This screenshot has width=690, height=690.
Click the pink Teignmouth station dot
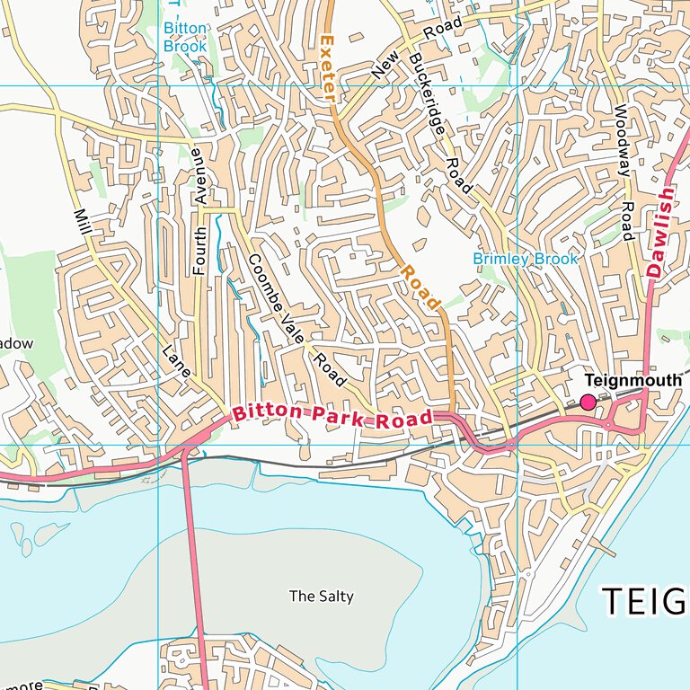pyautogui.click(x=588, y=402)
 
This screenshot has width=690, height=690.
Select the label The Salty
pyautogui.click(x=321, y=596)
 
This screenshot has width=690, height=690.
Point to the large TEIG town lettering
pyautogui.click(x=644, y=601)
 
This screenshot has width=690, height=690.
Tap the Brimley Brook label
pyautogui.click(x=526, y=259)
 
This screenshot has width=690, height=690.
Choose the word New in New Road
pyautogui.click(x=383, y=65)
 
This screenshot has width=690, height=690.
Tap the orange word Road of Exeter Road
pyautogui.click(x=420, y=287)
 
